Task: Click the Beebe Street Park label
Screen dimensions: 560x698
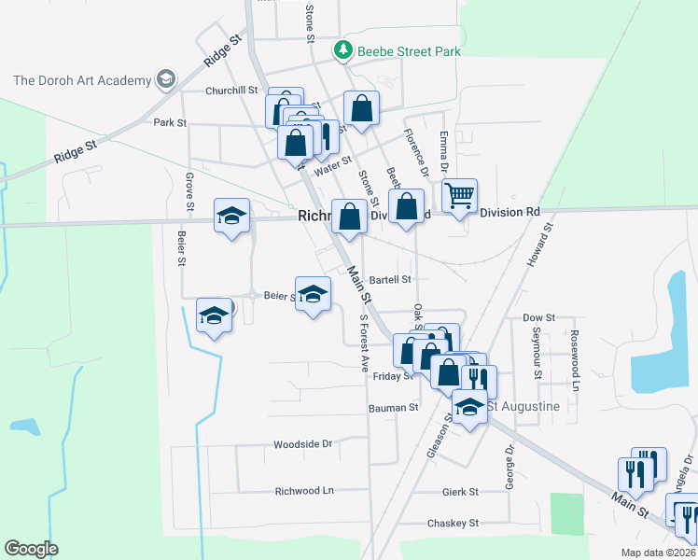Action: click(x=409, y=51)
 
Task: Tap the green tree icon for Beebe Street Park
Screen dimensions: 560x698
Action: click(x=344, y=49)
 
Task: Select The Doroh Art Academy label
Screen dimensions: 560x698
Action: click(x=82, y=79)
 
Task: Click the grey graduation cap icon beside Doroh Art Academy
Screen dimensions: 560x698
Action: click(x=167, y=78)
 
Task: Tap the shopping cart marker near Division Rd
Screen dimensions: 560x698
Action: click(x=458, y=196)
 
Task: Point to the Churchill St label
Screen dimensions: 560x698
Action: click(x=231, y=91)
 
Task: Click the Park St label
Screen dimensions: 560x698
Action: click(x=170, y=122)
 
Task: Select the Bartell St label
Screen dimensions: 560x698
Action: click(x=390, y=279)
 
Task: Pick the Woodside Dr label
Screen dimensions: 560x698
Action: click(x=302, y=444)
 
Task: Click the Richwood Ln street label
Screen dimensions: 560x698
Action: click(x=303, y=490)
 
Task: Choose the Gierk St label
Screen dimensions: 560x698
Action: click(x=460, y=491)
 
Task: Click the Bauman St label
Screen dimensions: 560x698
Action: click(x=394, y=407)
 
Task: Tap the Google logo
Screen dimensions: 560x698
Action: click(x=31, y=548)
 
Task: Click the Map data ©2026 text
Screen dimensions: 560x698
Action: click(x=656, y=552)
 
